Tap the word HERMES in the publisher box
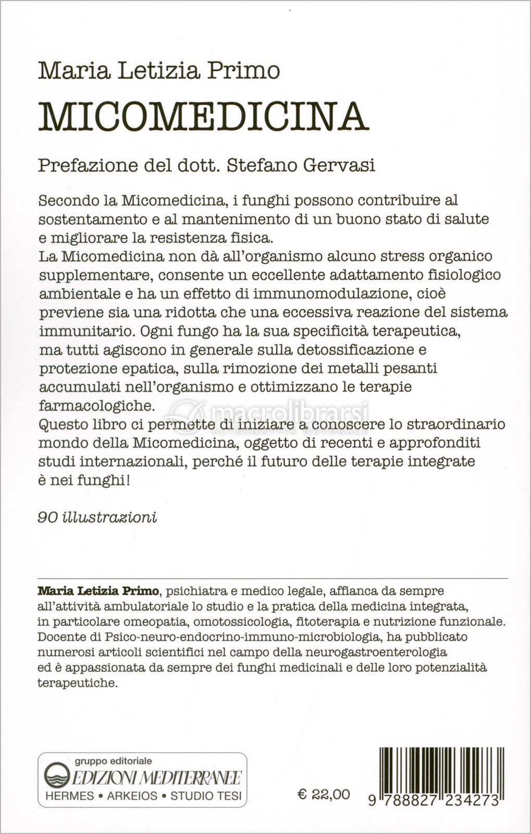point(70,796)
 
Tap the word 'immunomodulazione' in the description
point(336,293)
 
